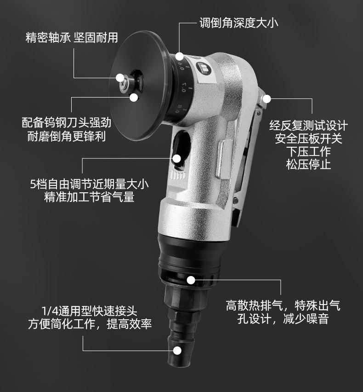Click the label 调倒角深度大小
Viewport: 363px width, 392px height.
pyautogui.click(x=238, y=23)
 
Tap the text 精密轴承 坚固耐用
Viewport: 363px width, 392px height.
pyautogui.click(x=72, y=38)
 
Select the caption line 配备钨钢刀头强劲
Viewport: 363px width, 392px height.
pyautogui.click(x=67, y=122)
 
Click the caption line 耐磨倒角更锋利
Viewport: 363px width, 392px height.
pyautogui.click(x=67, y=136)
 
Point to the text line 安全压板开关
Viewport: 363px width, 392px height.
pyautogui.click(x=308, y=138)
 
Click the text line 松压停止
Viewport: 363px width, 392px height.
pyautogui.click(x=308, y=165)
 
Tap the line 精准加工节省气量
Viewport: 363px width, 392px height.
pyautogui.click(x=89, y=197)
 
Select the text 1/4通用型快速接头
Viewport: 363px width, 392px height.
pyautogui.click(x=90, y=311)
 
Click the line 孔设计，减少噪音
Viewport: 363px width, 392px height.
pyautogui.click(x=283, y=319)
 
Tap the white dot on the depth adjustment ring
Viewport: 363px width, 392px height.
pyautogui.click(x=179, y=56)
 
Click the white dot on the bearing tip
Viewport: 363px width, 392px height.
pyautogui.click(x=120, y=77)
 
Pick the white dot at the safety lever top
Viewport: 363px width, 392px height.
pyautogui.click(x=267, y=99)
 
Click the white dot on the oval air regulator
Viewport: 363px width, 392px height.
pyautogui.click(x=177, y=158)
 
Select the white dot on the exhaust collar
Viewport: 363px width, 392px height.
pyautogui.click(x=191, y=280)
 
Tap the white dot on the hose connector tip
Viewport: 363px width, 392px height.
pyautogui.click(x=177, y=351)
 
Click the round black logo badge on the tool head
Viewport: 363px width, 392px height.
pyautogui.click(x=204, y=69)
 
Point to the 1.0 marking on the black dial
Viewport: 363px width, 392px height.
pyautogui.click(x=184, y=87)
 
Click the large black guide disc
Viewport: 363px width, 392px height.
pyautogui.click(x=140, y=86)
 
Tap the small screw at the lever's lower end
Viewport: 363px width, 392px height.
pyautogui.click(x=235, y=200)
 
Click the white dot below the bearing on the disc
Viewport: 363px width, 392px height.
pyautogui.click(x=134, y=97)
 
